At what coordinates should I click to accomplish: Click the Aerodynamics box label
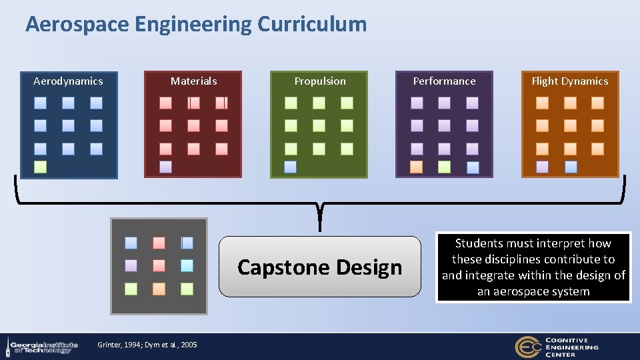pyautogui.click(x=68, y=81)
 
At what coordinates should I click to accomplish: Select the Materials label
pyautogui.click(x=193, y=81)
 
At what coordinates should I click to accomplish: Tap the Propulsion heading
pyautogui.click(x=320, y=81)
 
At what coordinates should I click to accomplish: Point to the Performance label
pyautogui.click(x=444, y=81)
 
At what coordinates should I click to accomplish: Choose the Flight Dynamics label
pyautogui.click(x=569, y=81)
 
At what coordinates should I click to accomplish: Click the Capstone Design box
pyautogui.click(x=320, y=267)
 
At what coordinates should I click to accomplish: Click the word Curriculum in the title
pyautogui.click(x=311, y=25)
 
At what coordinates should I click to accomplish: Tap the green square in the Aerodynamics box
pyautogui.click(x=40, y=167)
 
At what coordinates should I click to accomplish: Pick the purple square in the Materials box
pyautogui.click(x=165, y=167)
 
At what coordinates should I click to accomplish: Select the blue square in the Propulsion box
pyautogui.click(x=290, y=167)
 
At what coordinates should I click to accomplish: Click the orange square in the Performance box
pyautogui.click(x=416, y=167)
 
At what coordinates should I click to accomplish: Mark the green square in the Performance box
pyautogui.click(x=444, y=167)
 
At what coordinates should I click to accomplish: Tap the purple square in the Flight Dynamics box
pyautogui.click(x=542, y=167)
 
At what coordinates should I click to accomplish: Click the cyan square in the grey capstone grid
pyautogui.click(x=187, y=265)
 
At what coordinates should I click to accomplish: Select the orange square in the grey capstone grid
pyautogui.click(x=159, y=289)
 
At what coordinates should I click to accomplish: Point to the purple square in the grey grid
pyautogui.click(x=131, y=265)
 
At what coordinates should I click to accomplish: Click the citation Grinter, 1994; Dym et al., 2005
pyautogui.click(x=147, y=345)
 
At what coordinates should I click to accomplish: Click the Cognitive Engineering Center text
pyautogui.click(x=571, y=347)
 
